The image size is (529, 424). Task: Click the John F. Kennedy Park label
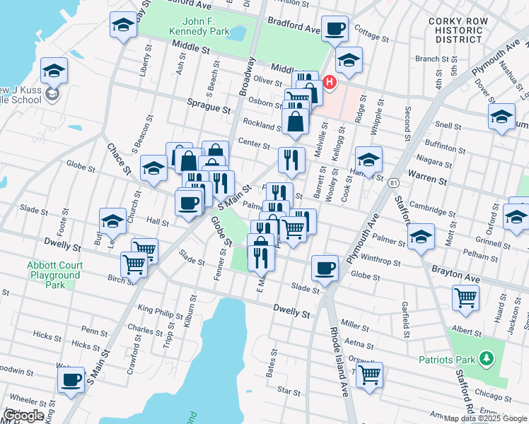click(x=199, y=27)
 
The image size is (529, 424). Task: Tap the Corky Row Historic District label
click(x=458, y=30)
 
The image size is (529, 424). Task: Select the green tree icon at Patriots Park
click(x=486, y=360)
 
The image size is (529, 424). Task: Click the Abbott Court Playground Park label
click(x=54, y=275)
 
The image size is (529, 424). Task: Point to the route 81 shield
click(x=392, y=183)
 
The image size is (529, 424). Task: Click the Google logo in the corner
click(x=24, y=416)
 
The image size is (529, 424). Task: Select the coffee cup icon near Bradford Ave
click(x=335, y=29)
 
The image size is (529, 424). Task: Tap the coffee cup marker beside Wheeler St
click(x=70, y=379)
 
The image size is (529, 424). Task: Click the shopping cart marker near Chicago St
click(x=369, y=375)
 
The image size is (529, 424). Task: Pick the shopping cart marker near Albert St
click(x=465, y=298)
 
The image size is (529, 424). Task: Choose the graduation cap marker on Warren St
click(x=368, y=160)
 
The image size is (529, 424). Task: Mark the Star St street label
click(x=289, y=389)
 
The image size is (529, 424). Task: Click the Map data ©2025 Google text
click(x=484, y=418)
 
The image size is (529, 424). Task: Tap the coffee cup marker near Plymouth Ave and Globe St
click(x=325, y=268)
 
